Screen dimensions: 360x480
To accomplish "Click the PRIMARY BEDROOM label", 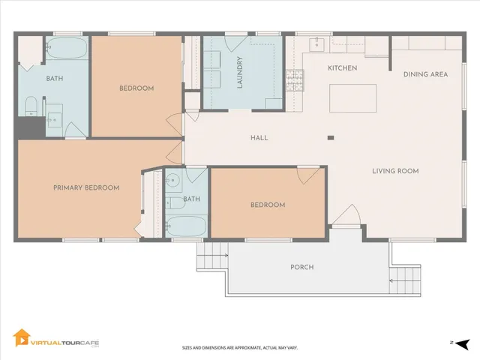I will [x=86, y=187].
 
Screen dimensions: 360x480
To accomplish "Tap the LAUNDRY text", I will [x=240, y=72].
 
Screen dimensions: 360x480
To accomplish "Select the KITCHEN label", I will [x=342, y=68].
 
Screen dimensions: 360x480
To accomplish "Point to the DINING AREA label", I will [x=425, y=74].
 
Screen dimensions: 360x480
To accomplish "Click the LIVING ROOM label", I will [x=395, y=171].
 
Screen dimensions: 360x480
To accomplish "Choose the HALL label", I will [x=259, y=138].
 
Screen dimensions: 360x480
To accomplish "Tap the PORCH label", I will [x=301, y=267].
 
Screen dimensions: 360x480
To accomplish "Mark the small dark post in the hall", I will [x=330, y=137].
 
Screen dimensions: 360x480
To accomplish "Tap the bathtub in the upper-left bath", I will [x=67, y=51].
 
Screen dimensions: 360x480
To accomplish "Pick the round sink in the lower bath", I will [x=172, y=180].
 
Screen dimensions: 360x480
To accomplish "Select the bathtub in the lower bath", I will [x=187, y=225].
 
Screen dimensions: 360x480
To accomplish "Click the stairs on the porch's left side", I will [x=211, y=259].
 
